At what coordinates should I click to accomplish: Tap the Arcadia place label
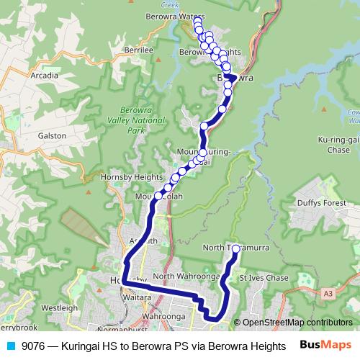(44, 74)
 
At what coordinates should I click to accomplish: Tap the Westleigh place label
(60, 307)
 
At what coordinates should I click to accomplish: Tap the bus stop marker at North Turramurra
(235, 248)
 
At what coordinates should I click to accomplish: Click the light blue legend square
(10, 345)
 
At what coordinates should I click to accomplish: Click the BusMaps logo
(325, 345)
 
